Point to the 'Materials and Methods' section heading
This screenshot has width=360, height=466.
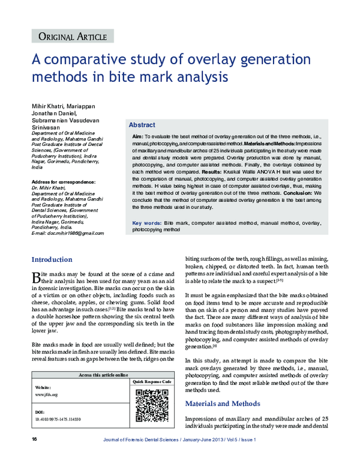[x=223, y=403]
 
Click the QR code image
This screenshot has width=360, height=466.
[x=151, y=405]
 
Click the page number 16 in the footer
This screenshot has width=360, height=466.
[x=34, y=440]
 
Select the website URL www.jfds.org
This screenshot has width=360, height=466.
[x=46, y=395]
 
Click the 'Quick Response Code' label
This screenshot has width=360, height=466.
[x=152, y=382]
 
